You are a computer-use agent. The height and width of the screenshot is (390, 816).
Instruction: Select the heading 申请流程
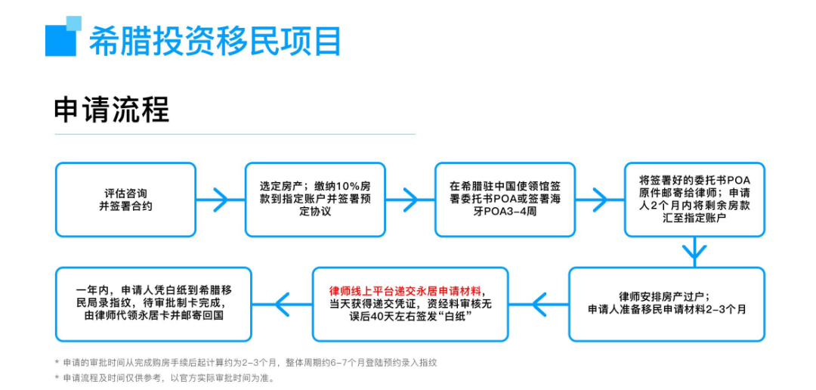click(111, 110)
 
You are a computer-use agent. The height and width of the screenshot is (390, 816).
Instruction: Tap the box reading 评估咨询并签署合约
click(125, 200)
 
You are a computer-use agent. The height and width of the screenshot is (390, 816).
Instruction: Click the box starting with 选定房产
click(315, 200)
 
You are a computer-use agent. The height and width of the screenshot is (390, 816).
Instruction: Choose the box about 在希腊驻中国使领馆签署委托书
click(504, 200)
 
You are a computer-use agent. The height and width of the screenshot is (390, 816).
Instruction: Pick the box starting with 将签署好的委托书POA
click(694, 200)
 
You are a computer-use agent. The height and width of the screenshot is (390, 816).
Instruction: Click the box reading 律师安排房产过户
click(666, 303)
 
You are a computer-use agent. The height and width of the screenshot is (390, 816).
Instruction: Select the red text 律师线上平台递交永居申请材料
click(406, 290)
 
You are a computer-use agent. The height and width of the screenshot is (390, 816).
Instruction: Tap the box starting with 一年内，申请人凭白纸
click(153, 303)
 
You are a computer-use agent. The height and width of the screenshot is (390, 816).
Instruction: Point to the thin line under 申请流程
click(234, 135)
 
